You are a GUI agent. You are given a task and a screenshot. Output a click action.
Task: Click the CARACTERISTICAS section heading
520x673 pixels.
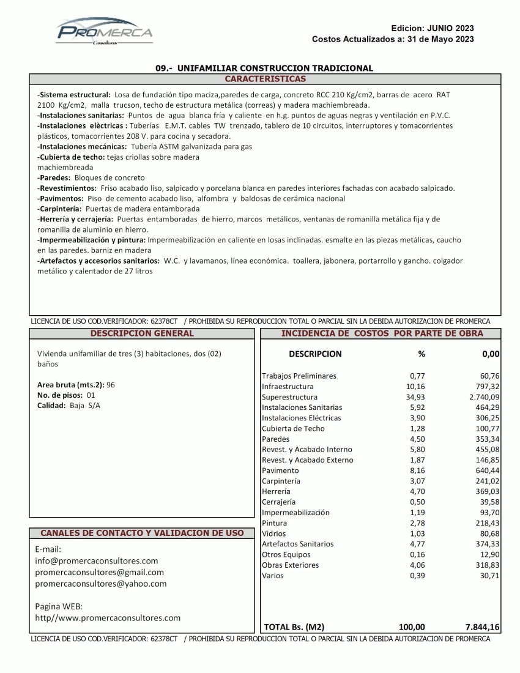[x=265, y=79]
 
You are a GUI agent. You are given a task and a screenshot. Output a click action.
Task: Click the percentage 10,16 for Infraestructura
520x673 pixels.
[x=415, y=387]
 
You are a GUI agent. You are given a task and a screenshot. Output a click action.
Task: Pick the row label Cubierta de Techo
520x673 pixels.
[x=293, y=428]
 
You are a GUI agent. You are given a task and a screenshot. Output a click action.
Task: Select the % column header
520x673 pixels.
[x=421, y=354]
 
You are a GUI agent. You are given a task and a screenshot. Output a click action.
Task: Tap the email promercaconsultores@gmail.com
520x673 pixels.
[x=100, y=572]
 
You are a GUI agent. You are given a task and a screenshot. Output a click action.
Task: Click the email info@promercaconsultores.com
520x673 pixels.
[x=97, y=560]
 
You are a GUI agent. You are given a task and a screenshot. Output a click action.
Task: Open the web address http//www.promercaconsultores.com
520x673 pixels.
[x=108, y=618]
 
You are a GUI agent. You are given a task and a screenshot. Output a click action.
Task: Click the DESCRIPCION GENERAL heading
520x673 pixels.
[x=142, y=333]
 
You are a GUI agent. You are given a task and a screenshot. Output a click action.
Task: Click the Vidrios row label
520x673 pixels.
[x=273, y=534]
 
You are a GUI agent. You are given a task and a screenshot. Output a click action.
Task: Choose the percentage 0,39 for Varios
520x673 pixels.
[x=417, y=576]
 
